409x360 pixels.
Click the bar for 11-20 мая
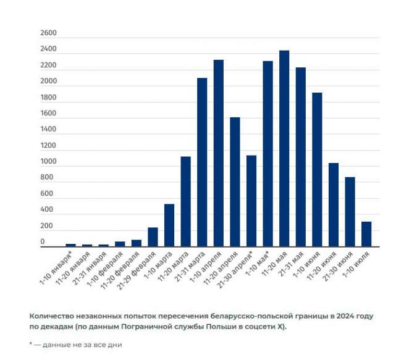pos(284,148)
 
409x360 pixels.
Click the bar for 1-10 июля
pos(366,234)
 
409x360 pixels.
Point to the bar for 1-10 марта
pos(169,225)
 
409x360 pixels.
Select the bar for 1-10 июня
pos(317,170)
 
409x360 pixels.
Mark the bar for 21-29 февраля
pos(153,237)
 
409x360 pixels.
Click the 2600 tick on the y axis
pos(48,33)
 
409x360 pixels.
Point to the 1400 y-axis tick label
pos(48,130)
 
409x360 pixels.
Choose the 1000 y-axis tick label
pos(48,162)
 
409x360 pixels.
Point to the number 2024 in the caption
pos(348,316)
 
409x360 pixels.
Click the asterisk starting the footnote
pos(31,344)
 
